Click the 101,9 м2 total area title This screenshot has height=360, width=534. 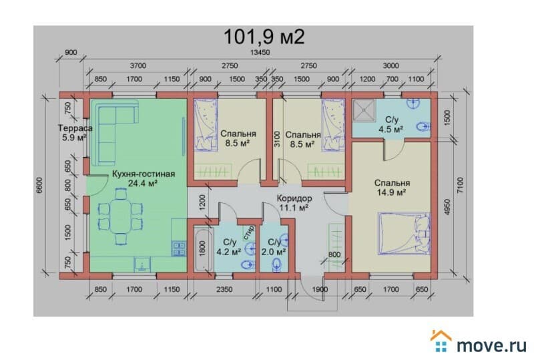[264, 37]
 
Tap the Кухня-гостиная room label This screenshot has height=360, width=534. [144, 174]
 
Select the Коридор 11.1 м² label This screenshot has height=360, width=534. [294, 203]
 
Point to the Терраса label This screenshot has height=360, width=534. [75, 128]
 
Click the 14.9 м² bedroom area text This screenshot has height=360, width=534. [391, 192]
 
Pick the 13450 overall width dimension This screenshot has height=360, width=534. [260, 53]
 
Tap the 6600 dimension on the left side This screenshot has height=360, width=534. [40, 186]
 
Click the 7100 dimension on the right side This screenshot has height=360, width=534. [460, 186]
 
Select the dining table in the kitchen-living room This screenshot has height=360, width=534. [120, 216]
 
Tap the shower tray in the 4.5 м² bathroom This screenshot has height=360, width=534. [364, 111]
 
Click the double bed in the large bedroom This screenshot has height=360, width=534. [405, 234]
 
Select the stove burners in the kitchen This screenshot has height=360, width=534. [179, 248]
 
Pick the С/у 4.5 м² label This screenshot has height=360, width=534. [391, 124]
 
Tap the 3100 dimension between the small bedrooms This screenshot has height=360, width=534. [277, 139]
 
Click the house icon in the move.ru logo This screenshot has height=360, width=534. [441, 341]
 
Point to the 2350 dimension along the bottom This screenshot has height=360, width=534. [224, 289]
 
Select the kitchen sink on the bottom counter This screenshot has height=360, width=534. [142, 264]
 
